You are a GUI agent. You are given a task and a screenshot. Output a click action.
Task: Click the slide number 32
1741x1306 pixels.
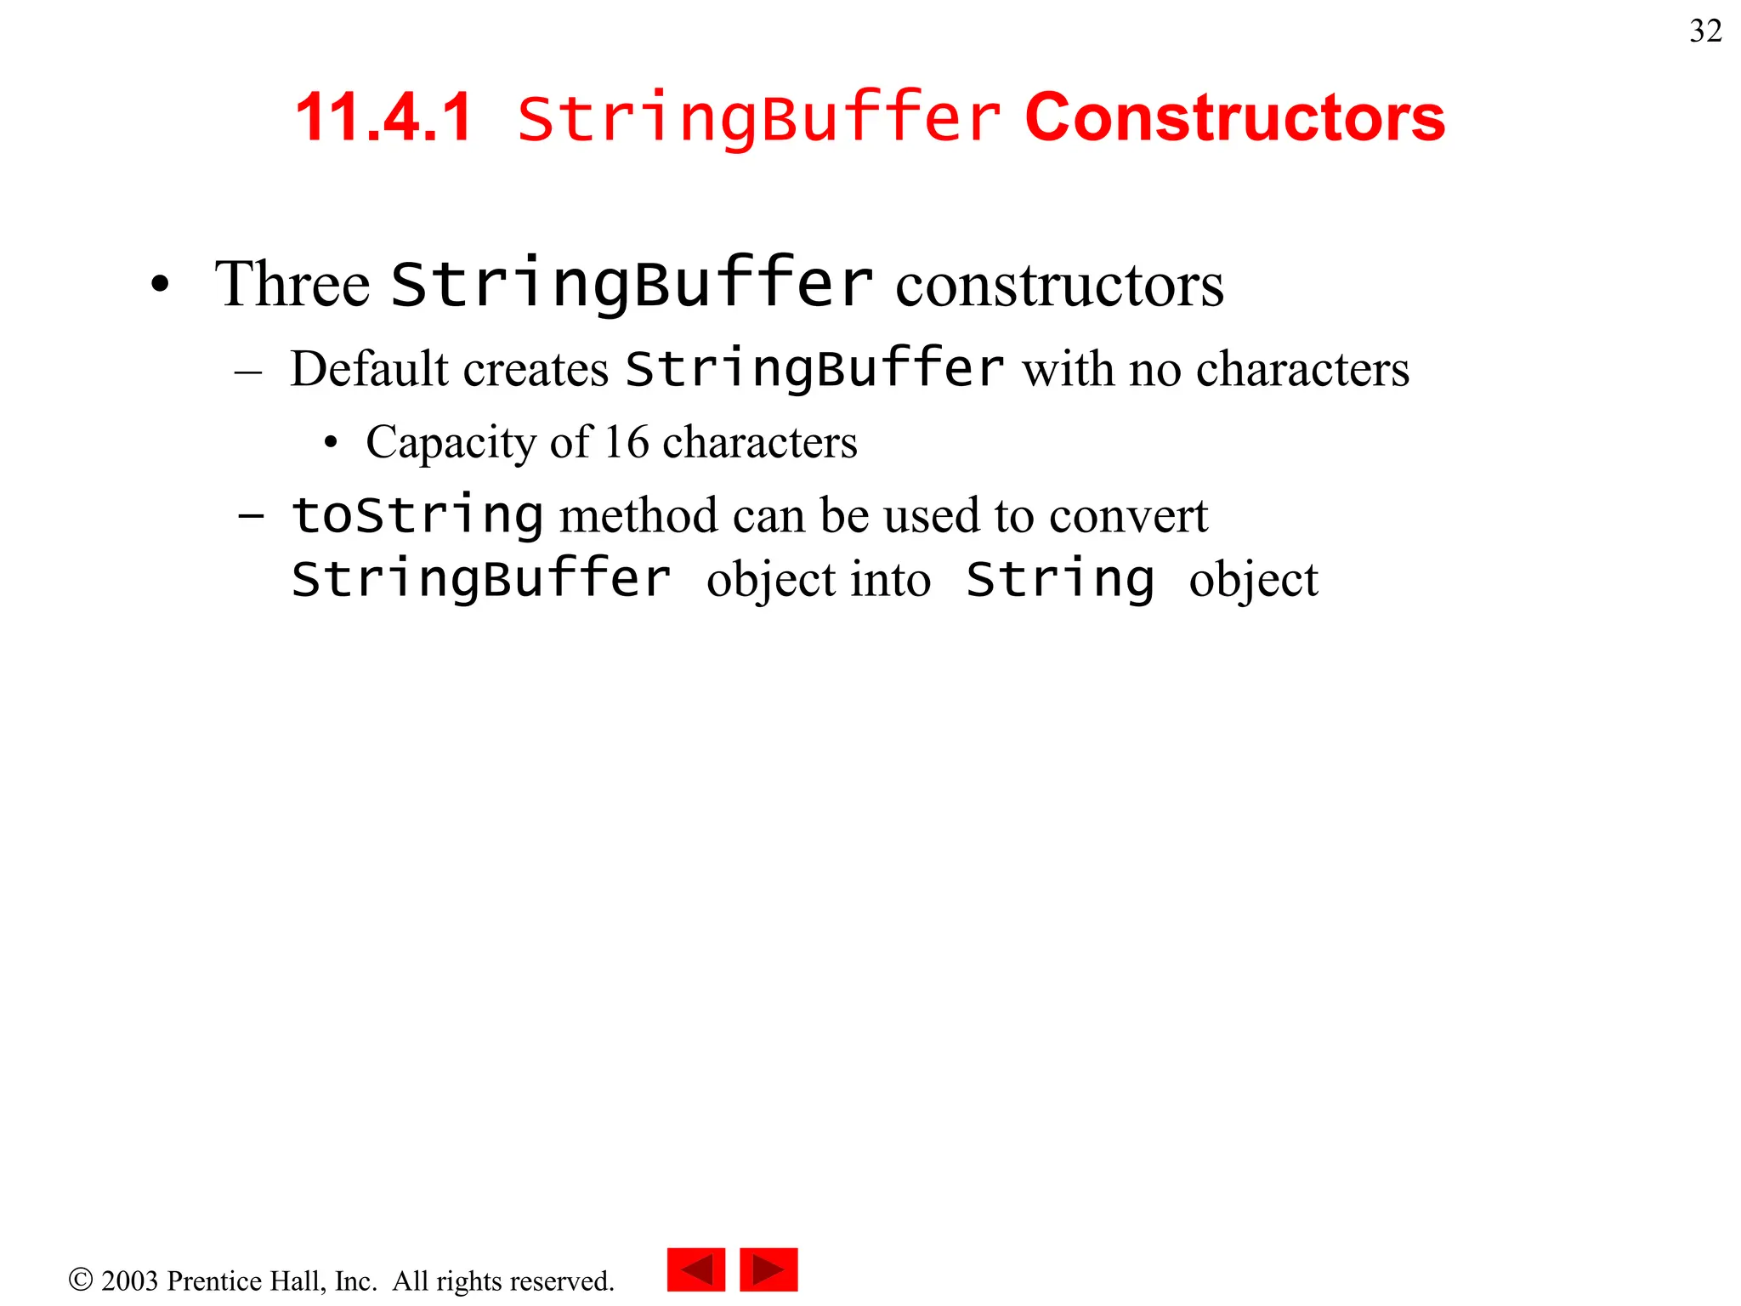click(1705, 31)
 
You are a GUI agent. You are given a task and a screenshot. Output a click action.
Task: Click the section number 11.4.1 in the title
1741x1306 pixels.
click(383, 117)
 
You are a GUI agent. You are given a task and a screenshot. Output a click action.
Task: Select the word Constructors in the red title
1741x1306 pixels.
click(1234, 117)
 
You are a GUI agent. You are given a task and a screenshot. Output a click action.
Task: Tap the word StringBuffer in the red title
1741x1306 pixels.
click(758, 117)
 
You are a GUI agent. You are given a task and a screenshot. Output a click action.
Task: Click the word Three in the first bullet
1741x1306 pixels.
click(292, 284)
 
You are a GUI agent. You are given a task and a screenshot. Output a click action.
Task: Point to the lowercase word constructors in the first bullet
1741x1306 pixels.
click(1059, 286)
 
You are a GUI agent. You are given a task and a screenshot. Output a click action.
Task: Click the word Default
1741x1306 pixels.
click(369, 370)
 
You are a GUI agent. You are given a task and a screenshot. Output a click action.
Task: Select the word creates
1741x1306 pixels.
click(536, 371)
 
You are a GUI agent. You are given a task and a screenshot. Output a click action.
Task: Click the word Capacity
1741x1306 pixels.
click(450, 443)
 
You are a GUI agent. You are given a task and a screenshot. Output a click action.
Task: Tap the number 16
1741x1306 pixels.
click(627, 442)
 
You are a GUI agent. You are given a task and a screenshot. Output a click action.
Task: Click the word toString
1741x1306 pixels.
click(417, 516)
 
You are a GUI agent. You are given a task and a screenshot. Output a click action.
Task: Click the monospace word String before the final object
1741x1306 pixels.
click(1059, 581)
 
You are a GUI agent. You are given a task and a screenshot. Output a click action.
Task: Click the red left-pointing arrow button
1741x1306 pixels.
click(696, 1269)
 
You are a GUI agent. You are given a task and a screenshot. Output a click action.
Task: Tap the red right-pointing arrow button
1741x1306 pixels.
click(768, 1269)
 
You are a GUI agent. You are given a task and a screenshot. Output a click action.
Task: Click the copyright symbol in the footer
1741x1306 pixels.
click(80, 1280)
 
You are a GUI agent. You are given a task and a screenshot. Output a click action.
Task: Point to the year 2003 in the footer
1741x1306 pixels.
click(129, 1280)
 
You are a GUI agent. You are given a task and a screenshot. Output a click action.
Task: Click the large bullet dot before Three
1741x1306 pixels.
click(160, 285)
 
